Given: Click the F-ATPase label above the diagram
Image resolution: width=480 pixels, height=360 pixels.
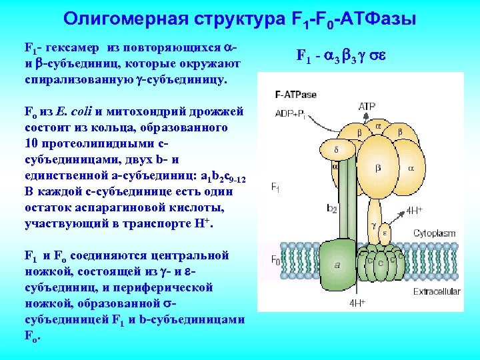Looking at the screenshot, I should click(296, 95).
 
